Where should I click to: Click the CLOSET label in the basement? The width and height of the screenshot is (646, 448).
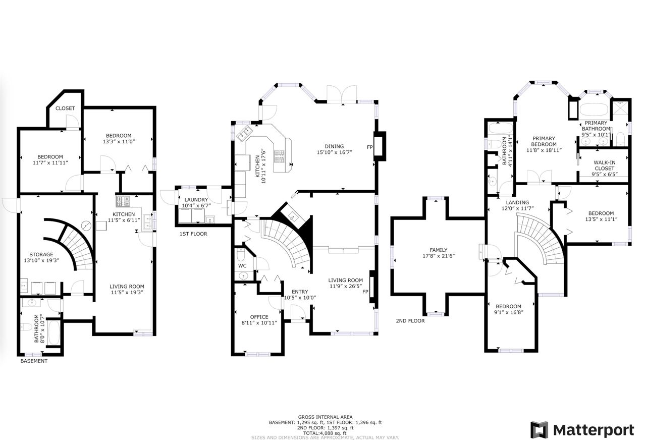point(65,108)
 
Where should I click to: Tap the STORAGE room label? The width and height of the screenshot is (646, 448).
point(41,255)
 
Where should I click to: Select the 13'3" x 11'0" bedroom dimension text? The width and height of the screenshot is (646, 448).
point(119,142)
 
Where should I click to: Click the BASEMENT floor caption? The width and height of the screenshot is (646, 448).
point(34,361)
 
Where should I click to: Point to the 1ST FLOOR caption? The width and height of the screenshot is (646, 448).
point(193,234)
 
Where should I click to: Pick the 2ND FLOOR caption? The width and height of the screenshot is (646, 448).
point(410,321)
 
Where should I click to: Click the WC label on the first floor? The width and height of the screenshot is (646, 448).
point(242,266)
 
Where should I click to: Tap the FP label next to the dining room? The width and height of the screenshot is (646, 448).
point(370,147)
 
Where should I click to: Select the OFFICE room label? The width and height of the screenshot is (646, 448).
point(259,317)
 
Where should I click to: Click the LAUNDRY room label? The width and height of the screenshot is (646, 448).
point(196,200)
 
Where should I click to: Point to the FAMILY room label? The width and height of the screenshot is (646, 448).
point(439,250)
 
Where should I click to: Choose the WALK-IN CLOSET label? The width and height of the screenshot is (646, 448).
point(605,165)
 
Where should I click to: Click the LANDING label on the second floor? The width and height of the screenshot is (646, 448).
point(517,202)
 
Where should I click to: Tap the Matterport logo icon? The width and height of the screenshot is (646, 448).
point(540,430)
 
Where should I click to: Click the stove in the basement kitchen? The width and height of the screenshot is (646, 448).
point(123,201)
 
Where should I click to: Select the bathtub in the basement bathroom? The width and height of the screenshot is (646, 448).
point(54,332)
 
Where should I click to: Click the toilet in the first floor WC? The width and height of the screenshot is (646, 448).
point(241,255)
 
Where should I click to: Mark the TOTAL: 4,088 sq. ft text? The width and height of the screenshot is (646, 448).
point(325,433)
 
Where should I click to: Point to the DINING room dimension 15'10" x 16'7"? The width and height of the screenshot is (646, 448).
point(335,152)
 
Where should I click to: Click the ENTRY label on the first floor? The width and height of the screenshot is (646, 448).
point(300,292)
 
